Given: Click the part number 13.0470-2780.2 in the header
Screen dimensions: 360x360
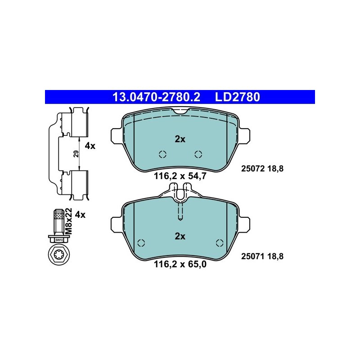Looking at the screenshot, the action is click(x=156, y=97).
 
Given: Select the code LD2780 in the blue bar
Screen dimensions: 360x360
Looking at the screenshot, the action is click(x=238, y=97).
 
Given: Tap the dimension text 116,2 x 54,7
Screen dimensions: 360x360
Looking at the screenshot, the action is click(x=180, y=176).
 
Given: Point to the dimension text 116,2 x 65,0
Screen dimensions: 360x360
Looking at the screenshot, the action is click(x=180, y=264).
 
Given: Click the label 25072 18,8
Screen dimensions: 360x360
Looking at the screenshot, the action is click(x=262, y=169).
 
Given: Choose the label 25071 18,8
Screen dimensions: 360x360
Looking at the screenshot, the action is click(x=262, y=256).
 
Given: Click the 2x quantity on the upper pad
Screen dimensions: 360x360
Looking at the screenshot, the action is click(x=180, y=139).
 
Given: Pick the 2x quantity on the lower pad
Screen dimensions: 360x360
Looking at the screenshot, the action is click(x=180, y=236).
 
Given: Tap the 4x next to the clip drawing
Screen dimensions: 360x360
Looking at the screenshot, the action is click(x=90, y=146).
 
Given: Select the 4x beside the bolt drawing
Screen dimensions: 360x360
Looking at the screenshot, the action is click(x=80, y=215).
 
